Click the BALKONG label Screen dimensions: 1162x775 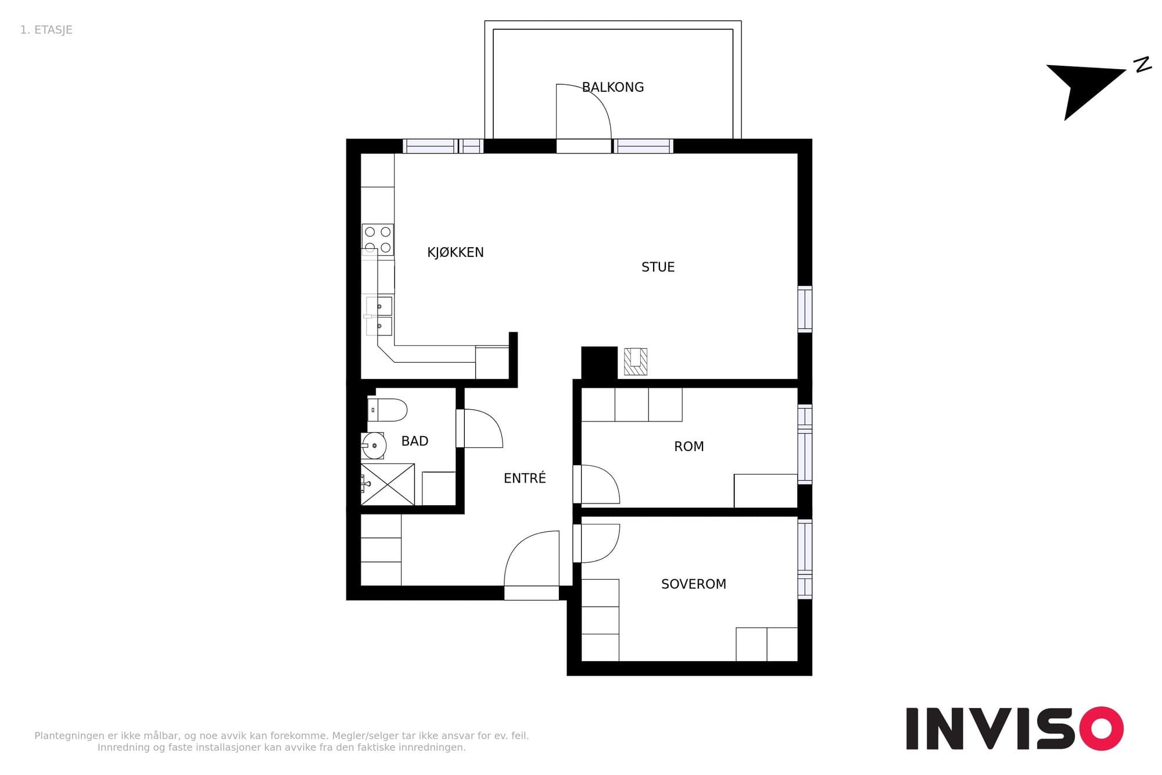tap(613, 87)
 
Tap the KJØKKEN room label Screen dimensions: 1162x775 tap(456, 252)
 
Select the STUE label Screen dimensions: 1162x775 tap(658, 267)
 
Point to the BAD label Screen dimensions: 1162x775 tap(415, 441)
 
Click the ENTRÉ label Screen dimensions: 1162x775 tap(525, 478)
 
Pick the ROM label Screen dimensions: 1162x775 tap(689, 447)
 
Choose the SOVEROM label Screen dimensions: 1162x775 tap(694, 584)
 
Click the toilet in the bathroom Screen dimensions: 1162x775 tap(387, 410)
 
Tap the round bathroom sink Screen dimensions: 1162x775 tap(374, 446)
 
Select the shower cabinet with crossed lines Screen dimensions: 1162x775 tap(388, 484)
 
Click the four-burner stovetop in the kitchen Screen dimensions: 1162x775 tap(378, 240)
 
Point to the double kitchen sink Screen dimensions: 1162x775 tap(379, 316)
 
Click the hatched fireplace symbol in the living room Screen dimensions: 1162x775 tap(636, 361)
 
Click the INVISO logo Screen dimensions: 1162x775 tap(1014, 728)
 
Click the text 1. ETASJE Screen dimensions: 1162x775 tap(46, 30)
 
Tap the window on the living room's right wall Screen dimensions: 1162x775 tap(805, 309)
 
